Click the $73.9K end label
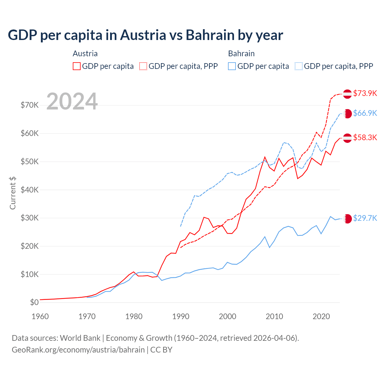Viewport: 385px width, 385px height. tap(365, 93)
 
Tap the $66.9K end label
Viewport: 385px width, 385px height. tap(365, 113)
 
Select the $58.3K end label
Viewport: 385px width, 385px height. tap(365, 137)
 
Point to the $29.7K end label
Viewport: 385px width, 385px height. tap(365, 218)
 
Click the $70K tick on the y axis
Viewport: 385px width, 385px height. tap(30, 105)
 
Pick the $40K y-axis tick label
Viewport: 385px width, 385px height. tap(30, 190)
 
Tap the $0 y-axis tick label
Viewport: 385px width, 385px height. tap(34, 302)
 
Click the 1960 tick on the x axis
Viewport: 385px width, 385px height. tap(40, 316)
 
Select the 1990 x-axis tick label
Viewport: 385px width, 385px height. tap(180, 316)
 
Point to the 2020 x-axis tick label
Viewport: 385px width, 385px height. tap(321, 316)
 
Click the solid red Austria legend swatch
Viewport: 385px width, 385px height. tap(77, 66)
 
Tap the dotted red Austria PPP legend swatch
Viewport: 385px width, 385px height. tap(143, 66)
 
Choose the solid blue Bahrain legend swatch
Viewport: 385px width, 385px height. tap(232, 66)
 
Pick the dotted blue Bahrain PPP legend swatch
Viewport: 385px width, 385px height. tap(299, 66)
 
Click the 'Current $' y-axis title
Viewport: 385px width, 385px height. tap(13, 193)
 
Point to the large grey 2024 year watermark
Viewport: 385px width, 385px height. tap(72, 101)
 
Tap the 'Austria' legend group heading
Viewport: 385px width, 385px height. tap(85, 54)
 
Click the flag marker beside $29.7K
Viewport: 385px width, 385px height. tap(347, 219)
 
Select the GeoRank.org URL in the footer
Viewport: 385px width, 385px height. tap(78, 350)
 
